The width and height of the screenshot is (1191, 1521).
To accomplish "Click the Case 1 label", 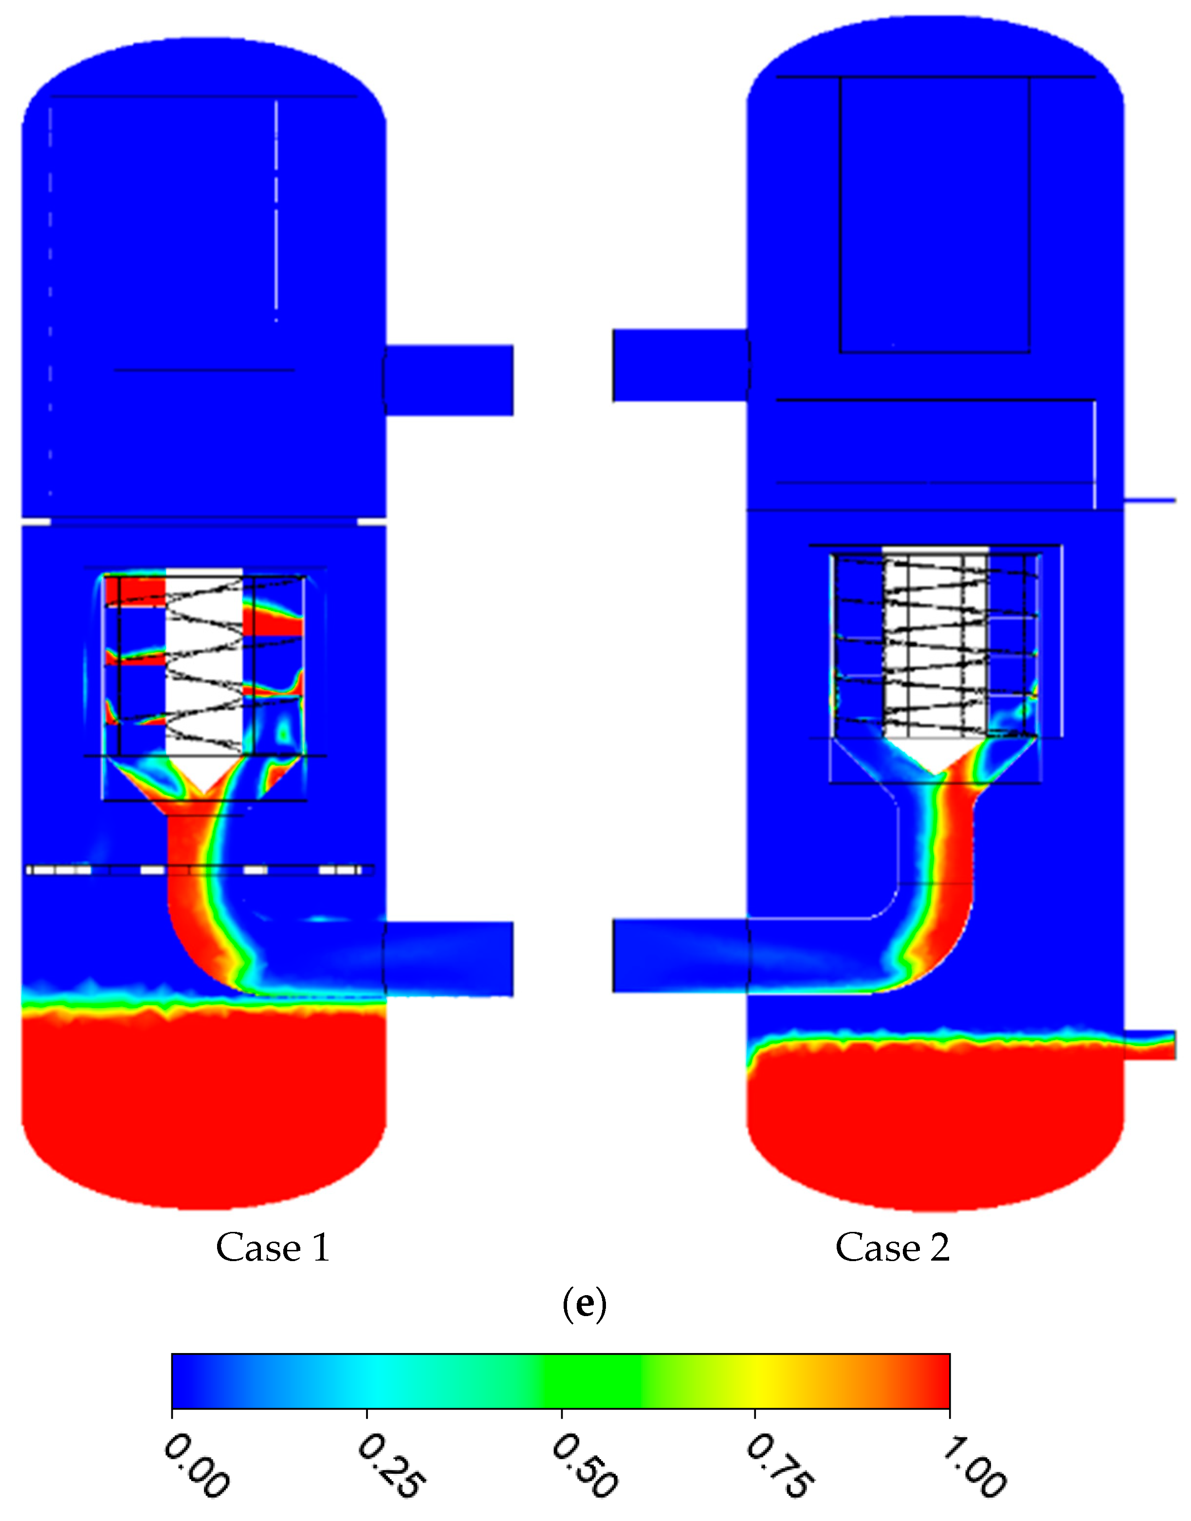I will pos(272,1247).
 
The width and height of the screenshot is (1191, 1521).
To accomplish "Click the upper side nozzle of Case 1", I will pos(449,380).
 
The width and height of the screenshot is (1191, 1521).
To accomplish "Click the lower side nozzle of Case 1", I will pos(449,959).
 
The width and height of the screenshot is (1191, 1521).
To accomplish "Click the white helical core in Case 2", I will pos(935,641).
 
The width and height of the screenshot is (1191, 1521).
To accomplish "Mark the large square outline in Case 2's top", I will pos(934,215).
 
